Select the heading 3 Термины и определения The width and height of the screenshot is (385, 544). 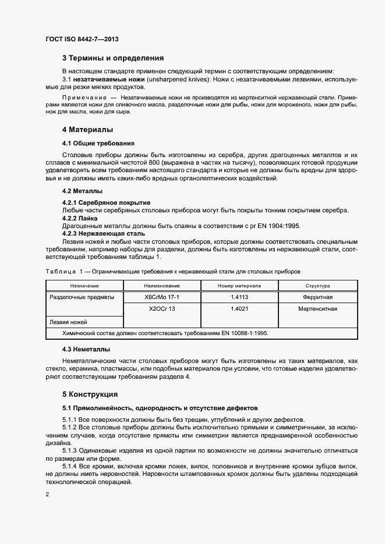click(x=113, y=58)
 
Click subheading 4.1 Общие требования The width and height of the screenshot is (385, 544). click(x=98, y=143)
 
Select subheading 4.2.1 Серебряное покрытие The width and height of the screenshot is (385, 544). click(x=106, y=202)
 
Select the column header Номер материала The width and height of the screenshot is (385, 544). click(x=239, y=286)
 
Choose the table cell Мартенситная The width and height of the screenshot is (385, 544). click(x=317, y=309)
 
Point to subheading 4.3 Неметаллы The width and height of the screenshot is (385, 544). click(x=86, y=349)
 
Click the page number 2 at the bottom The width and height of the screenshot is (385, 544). click(x=47, y=495)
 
